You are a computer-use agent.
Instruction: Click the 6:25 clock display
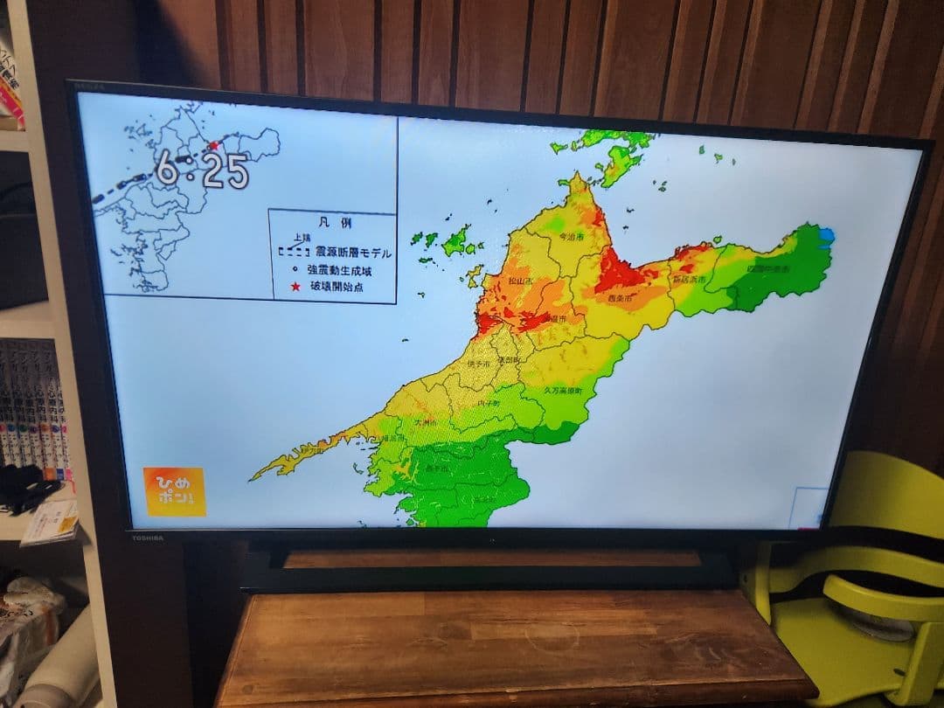pos(202,170)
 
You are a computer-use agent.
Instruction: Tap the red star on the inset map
pos(212,146)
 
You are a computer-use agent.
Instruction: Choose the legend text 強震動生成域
pos(337,270)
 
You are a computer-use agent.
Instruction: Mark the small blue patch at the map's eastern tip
pos(825,235)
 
